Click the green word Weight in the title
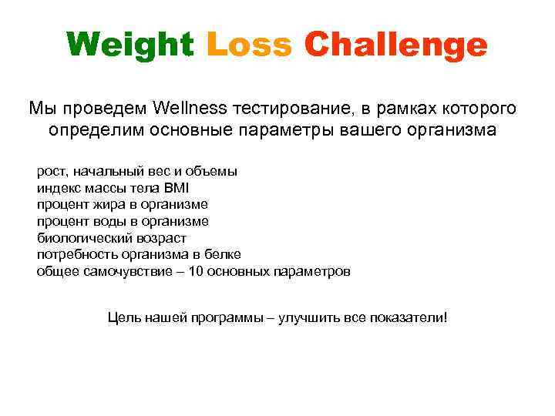(130, 45)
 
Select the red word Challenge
(395, 45)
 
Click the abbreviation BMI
(176, 187)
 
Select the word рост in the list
(51, 171)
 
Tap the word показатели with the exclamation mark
(410, 317)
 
